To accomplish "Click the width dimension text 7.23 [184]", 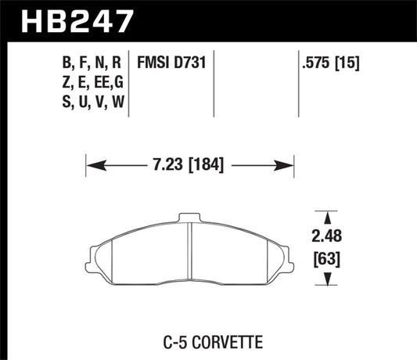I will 189,165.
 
